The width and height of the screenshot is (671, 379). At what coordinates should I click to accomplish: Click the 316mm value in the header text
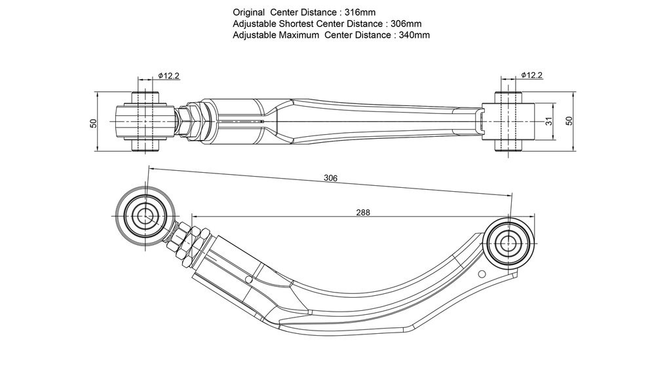pyautogui.click(x=360, y=12)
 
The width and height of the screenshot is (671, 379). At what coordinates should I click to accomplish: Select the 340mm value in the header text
pyautogui.click(x=414, y=35)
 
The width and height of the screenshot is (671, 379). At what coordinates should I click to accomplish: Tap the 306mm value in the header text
pyautogui.click(x=406, y=24)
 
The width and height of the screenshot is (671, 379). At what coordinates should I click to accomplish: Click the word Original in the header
pyautogui.click(x=248, y=13)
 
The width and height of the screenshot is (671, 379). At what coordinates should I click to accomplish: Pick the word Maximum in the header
pyautogui.click(x=299, y=35)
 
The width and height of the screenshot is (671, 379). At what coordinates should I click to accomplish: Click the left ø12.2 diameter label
pyautogui.click(x=168, y=76)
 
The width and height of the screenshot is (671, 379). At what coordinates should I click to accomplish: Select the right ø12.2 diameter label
pyautogui.click(x=531, y=75)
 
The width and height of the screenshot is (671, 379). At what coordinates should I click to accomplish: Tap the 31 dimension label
pyautogui.click(x=549, y=121)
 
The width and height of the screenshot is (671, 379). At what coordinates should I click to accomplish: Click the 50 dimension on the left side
pyautogui.click(x=94, y=123)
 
